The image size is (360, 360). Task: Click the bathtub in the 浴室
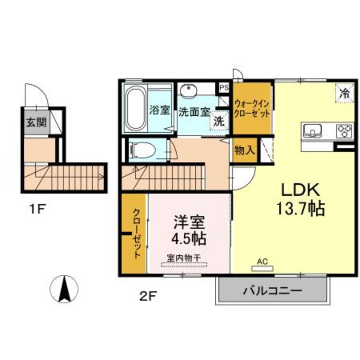[136, 109]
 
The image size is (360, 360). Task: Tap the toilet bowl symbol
[143, 150]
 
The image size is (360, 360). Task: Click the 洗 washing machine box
[220, 121]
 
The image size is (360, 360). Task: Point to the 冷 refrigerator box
[344, 93]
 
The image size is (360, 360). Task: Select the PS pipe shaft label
[224, 88]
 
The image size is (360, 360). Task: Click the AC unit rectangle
[263, 269]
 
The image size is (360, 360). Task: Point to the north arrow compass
[64, 289]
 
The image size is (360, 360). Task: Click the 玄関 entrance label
[37, 123]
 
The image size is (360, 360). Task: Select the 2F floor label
[148, 296]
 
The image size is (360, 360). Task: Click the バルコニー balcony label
[272, 291]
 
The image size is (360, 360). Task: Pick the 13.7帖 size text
[301, 209]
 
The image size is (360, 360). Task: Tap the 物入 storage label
[245, 151]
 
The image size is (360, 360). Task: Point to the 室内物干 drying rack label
[184, 258]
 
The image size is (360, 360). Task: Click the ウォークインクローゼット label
[251, 109]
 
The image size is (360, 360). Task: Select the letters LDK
[300, 190]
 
